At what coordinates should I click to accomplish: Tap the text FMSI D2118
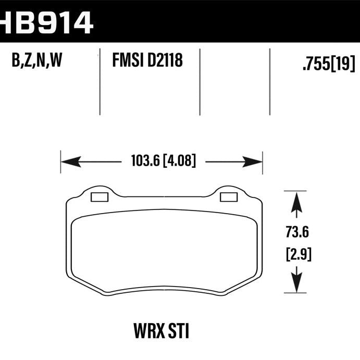(x=147, y=62)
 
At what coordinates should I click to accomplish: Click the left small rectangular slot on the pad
(x=99, y=197)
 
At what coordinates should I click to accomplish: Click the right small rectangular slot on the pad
(x=228, y=197)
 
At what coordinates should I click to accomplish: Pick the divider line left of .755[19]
(x=270, y=81)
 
